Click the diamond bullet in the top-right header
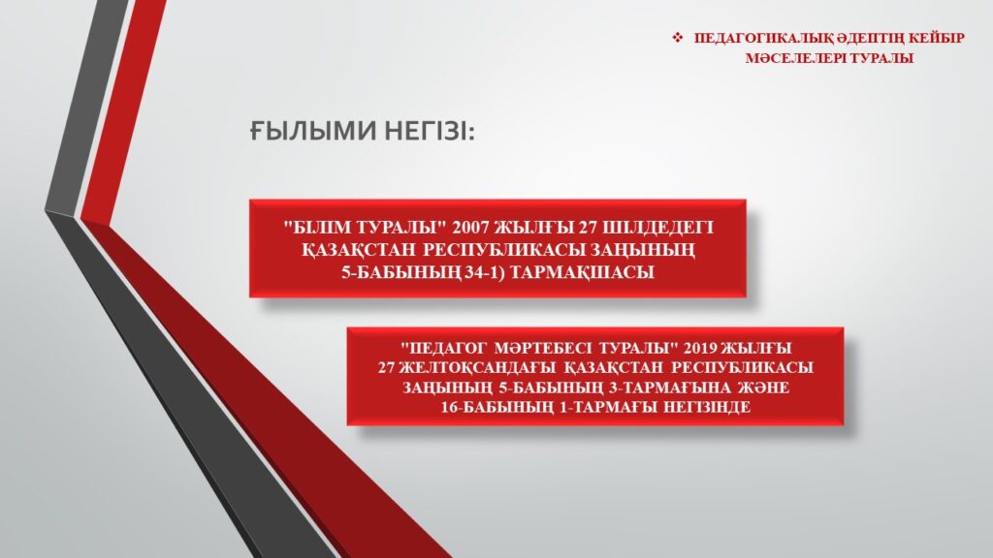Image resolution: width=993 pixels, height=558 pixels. (x=678, y=38)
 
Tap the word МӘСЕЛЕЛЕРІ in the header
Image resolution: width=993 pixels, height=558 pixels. (x=795, y=58)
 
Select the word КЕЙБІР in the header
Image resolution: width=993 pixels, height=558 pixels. (x=937, y=38)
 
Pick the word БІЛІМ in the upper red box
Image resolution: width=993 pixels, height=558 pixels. (x=321, y=228)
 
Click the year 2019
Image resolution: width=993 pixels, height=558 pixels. (x=700, y=348)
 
